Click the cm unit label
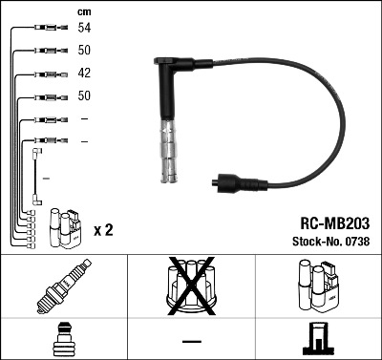[85, 11]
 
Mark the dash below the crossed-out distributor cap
[191, 339]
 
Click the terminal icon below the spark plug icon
[63, 338]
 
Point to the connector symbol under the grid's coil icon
[317, 338]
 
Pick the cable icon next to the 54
[47, 30]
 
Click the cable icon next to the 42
[47, 74]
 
